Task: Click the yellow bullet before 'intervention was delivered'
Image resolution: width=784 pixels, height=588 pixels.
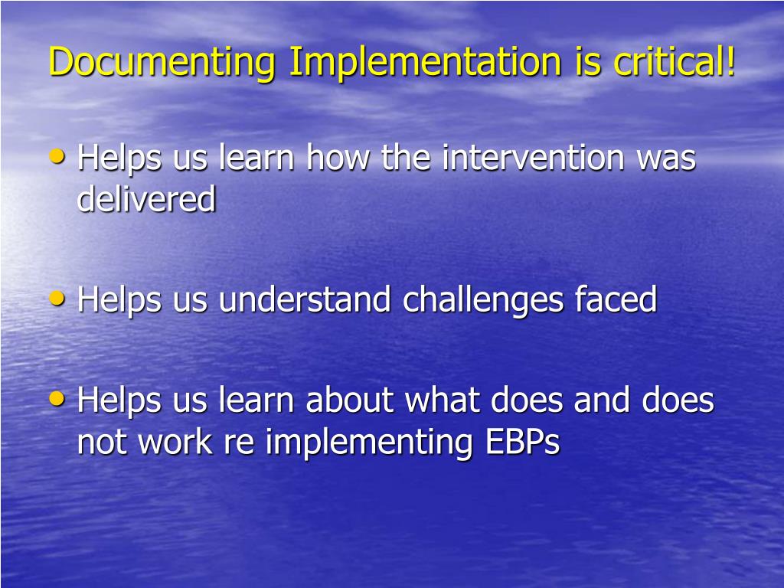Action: click(x=57, y=157)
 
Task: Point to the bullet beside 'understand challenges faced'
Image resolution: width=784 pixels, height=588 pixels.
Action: click(x=57, y=299)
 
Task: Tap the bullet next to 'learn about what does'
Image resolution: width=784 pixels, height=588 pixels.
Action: click(x=57, y=399)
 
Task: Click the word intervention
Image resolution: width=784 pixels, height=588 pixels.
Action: click(x=533, y=157)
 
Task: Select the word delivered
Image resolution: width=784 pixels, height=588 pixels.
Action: click(x=146, y=198)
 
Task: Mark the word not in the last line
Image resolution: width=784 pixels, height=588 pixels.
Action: click(x=102, y=443)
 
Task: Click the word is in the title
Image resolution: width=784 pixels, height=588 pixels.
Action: click(x=587, y=62)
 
